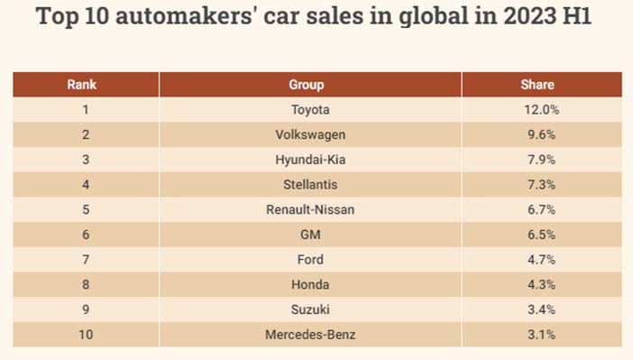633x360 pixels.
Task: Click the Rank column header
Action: click(x=81, y=85)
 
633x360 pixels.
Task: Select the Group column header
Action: click(x=307, y=85)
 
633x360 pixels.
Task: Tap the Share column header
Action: click(x=537, y=85)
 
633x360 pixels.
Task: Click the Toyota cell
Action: click(x=310, y=110)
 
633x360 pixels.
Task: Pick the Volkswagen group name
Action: click(x=310, y=135)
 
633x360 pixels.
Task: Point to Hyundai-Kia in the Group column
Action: click(x=310, y=160)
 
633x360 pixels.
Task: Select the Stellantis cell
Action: click(x=310, y=185)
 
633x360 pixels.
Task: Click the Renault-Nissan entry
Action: click(x=310, y=209)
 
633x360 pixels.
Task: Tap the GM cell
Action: click(x=310, y=235)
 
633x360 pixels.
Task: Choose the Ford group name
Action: click(x=310, y=260)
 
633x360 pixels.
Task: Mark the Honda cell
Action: click(x=310, y=285)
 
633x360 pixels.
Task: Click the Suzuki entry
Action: click(x=310, y=309)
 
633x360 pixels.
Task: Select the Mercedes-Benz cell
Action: click(x=310, y=335)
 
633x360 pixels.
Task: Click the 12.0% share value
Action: click(x=542, y=110)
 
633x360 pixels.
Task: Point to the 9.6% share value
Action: click(x=541, y=135)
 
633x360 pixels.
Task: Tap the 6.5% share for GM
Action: click(x=541, y=235)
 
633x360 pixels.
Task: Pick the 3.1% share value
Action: click(x=541, y=335)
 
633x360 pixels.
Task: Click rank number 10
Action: click(x=86, y=335)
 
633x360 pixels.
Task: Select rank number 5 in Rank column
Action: click(x=86, y=209)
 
